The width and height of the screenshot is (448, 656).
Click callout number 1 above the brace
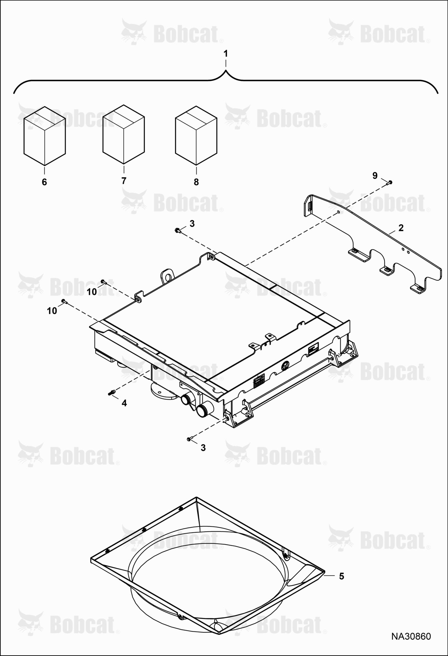point(225,53)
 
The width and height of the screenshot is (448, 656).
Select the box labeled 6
point(45,135)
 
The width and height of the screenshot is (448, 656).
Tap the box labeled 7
point(124,134)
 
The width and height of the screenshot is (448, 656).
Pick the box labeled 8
point(196,135)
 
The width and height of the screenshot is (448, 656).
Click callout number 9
point(375,176)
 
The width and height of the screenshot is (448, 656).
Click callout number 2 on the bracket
point(401,228)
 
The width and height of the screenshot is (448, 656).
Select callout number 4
point(124,403)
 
